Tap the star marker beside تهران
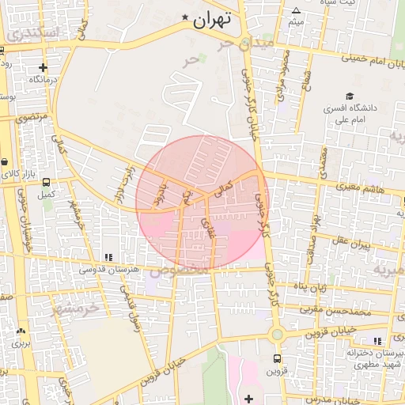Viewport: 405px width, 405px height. tap(185, 17)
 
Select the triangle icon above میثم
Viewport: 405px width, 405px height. tap(296, 11)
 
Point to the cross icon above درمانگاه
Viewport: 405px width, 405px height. tap(43, 68)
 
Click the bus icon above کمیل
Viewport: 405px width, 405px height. tap(46, 183)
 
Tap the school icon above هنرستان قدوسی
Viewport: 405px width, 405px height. tap(108, 257)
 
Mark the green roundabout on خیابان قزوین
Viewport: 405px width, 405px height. tap(276, 335)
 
